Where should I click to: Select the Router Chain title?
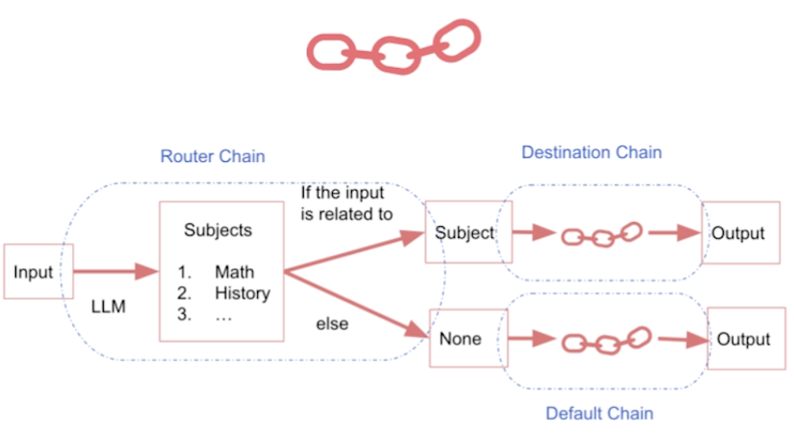coord(212,156)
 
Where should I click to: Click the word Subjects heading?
coord(218,230)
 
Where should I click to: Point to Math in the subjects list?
coord(234,272)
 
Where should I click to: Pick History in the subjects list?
coord(242,293)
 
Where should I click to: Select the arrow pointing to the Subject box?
coord(356,248)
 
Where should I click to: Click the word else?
coord(331,324)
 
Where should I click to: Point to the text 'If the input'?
coord(342,193)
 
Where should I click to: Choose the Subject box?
coord(465,232)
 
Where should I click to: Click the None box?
coord(460,338)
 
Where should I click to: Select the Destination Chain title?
coord(591,152)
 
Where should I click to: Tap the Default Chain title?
coord(599,413)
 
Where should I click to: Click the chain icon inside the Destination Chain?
coord(603,234)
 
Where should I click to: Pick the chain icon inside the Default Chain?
coord(605,341)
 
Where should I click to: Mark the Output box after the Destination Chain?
coord(738,233)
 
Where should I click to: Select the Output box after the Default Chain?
coord(743,339)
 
